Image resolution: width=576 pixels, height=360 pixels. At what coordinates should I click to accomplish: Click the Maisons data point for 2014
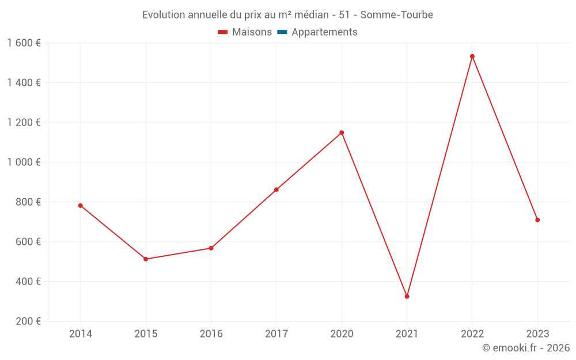80,206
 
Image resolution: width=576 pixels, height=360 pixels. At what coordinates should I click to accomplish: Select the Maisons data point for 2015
146,259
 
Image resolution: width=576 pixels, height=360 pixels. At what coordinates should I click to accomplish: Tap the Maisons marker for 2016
211,248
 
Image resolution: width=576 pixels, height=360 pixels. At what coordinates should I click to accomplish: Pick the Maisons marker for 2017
276,190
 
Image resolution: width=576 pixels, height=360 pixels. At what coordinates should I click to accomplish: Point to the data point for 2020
342,132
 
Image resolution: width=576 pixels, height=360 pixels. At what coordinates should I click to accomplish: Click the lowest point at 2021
407,297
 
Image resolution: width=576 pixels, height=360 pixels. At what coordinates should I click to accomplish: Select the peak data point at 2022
472,56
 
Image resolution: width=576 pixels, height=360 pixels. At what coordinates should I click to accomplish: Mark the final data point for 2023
537,220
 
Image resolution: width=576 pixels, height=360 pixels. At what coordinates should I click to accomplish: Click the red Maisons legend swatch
223,32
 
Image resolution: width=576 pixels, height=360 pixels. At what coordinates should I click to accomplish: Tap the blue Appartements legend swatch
282,32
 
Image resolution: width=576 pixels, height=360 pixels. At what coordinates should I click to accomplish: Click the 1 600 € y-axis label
24,43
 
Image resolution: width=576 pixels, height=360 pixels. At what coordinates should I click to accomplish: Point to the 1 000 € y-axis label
24,162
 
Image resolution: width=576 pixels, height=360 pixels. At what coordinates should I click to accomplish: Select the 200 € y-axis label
29,321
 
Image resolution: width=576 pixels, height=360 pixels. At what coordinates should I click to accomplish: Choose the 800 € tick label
29,202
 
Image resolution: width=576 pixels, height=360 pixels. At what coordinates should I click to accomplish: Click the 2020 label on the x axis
342,334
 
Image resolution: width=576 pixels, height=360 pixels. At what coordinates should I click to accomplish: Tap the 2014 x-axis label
80,334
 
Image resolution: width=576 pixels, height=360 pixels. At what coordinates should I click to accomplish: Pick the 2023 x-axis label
537,334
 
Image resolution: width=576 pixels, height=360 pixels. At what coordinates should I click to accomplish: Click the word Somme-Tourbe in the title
397,14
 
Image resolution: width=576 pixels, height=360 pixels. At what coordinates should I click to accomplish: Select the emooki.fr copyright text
526,348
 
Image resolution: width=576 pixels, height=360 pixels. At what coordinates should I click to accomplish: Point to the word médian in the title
294,14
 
